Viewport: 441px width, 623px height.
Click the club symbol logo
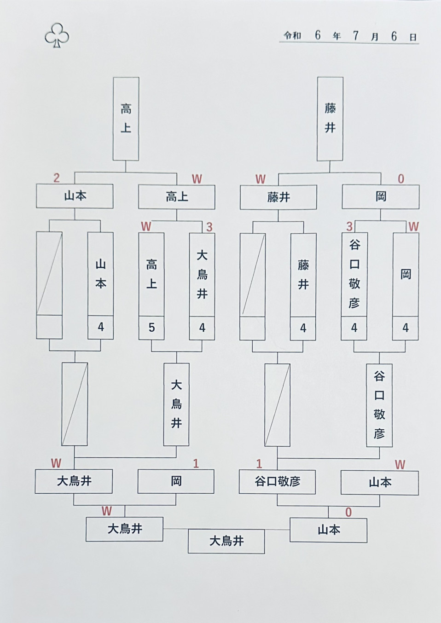57,35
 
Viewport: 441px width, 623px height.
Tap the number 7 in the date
355,36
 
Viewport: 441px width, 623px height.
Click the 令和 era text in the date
292,35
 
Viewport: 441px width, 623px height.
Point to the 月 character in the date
375,37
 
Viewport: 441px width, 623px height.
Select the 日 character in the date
413,37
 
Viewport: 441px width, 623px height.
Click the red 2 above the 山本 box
57,178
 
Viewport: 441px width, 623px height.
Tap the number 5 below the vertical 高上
151,328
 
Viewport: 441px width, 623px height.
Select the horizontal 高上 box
177,197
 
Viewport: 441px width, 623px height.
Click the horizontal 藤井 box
278,197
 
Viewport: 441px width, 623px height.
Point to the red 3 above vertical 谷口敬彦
349,227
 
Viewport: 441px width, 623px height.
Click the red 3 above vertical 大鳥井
209,227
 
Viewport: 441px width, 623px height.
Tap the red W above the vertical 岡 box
413,227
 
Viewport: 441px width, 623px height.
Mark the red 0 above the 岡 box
401,179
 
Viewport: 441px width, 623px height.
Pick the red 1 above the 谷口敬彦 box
259,464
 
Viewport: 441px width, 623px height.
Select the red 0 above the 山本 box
348,512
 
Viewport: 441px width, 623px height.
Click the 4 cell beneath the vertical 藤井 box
303,328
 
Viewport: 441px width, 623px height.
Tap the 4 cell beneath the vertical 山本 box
101,327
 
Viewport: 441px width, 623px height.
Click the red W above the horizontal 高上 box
197,179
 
